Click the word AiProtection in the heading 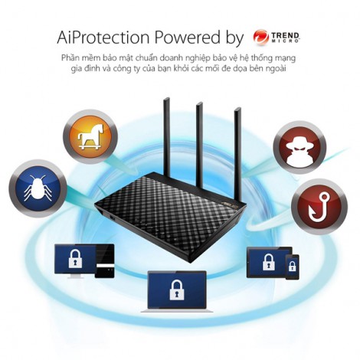(103, 38)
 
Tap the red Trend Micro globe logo (260, 37)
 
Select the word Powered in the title (187, 38)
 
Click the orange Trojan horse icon (90, 137)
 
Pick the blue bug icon (38, 188)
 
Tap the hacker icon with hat (299, 148)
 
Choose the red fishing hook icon (319, 206)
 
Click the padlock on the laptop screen (177, 290)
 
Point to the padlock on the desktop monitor (75, 259)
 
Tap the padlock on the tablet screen (269, 262)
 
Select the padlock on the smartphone (292, 267)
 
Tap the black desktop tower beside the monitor (105, 261)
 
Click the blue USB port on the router (113, 218)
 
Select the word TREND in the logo (286, 35)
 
